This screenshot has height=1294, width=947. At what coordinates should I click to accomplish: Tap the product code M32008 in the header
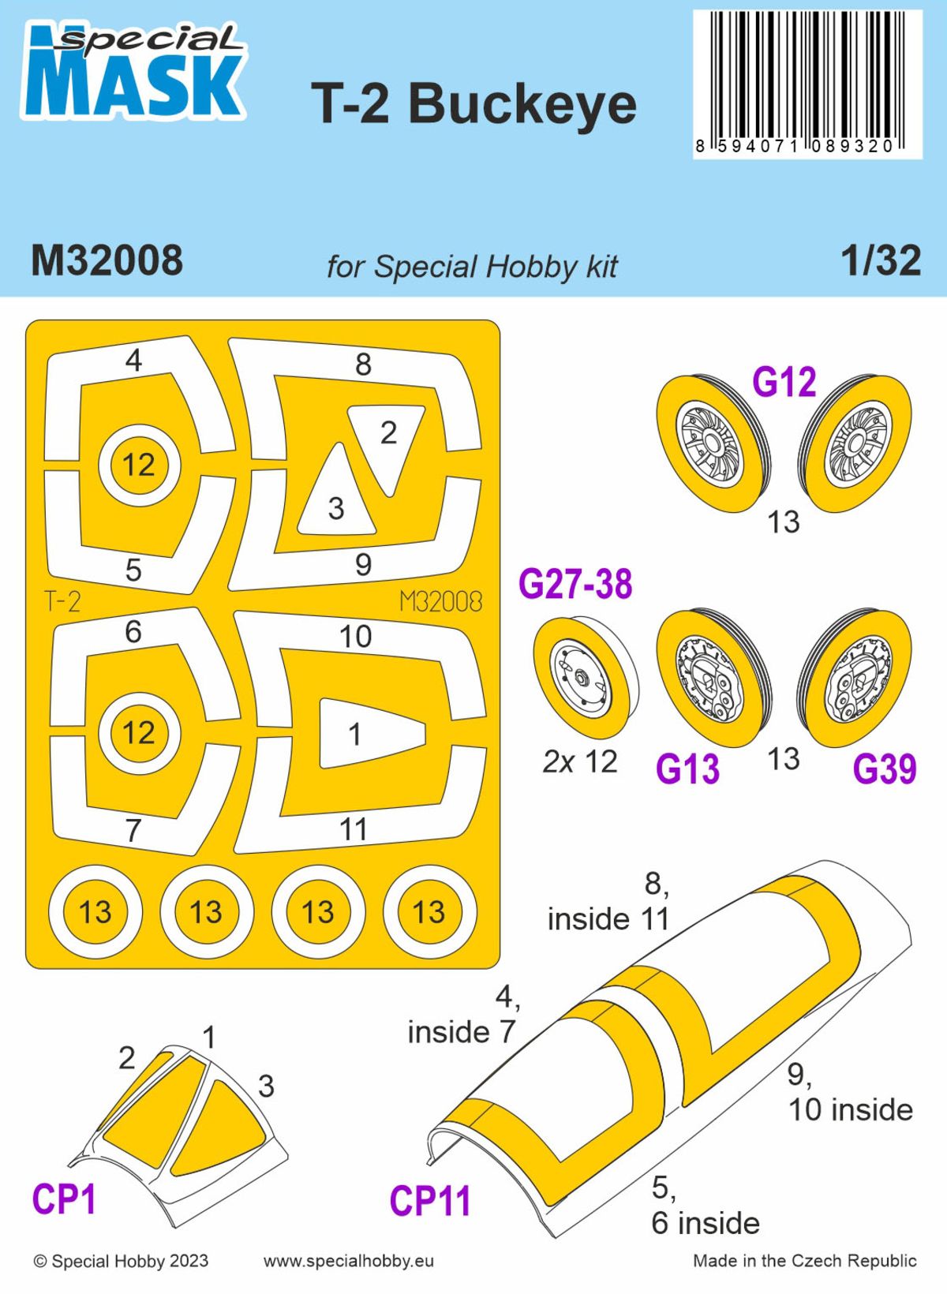[x=107, y=261]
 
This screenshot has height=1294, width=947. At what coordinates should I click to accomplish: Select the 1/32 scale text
[x=881, y=261]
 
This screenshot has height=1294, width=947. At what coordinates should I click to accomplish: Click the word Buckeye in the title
[x=522, y=104]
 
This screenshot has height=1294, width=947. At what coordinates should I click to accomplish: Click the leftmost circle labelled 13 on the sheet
[x=95, y=912]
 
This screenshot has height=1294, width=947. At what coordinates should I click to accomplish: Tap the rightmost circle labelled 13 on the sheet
[x=429, y=912]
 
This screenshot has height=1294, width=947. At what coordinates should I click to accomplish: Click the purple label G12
[x=784, y=383]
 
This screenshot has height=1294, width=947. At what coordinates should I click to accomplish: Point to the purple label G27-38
[x=575, y=585]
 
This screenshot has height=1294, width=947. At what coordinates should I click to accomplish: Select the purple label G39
[x=885, y=769]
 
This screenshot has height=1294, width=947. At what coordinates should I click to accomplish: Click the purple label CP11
[x=430, y=1202]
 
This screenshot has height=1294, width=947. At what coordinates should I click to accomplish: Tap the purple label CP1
[x=64, y=1200]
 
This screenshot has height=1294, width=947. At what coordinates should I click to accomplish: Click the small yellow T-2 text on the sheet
[x=62, y=603]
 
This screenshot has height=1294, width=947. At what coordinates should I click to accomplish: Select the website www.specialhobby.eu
[x=348, y=1261]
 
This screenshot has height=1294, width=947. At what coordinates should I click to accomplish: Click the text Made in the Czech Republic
[x=804, y=1261]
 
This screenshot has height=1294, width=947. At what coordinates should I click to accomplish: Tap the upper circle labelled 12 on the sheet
[x=139, y=466]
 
